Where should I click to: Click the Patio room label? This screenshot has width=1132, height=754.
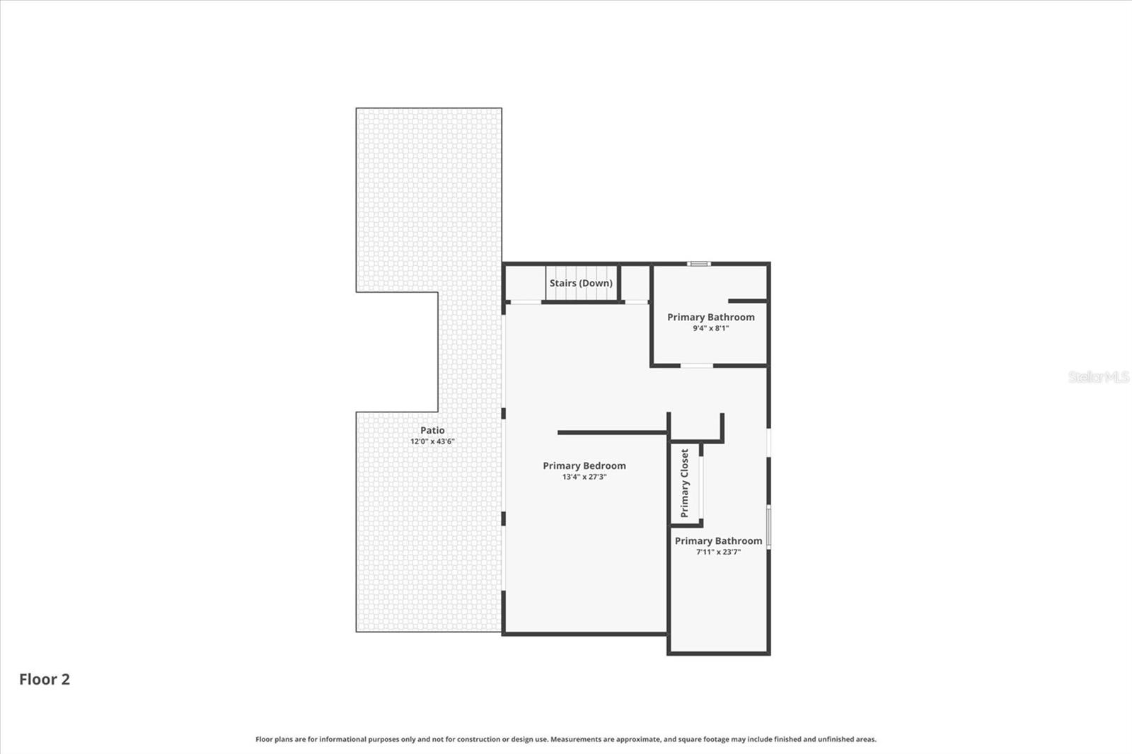[x=432, y=430]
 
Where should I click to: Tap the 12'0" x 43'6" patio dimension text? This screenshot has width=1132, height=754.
[x=432, y=441]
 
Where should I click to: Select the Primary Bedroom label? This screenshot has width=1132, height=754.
[x=584, y=465]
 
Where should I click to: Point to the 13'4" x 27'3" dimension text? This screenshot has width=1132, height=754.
[x=584, y=477]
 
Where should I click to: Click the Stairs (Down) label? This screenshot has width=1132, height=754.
[x=581, y=283]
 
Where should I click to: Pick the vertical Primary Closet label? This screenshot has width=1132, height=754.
[x=684, y=483]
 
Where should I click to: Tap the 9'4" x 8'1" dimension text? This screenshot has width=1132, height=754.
[x=710, y=328]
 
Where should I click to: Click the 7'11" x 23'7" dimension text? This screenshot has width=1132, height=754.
[x=718, y=552]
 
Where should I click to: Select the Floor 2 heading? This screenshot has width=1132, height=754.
[x=44, y=679]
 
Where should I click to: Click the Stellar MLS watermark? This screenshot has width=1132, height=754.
[x=1098, y=377]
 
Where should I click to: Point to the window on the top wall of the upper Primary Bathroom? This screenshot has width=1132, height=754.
[x=699, y=264]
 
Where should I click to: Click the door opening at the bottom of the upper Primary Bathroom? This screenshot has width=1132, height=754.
[x=697, y=366]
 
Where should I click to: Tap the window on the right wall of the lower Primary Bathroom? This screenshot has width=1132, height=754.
[x=769, y=526]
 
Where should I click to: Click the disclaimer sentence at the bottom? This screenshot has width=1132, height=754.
[x=565, y=739]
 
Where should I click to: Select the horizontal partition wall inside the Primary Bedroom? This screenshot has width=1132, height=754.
[x=612, y=432]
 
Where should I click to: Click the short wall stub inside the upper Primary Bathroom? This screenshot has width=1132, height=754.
[x=748, y=301]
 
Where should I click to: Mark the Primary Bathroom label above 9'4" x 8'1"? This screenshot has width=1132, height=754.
[x=710, y=317]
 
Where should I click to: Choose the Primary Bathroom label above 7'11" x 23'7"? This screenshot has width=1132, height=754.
[x=718, y=540]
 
